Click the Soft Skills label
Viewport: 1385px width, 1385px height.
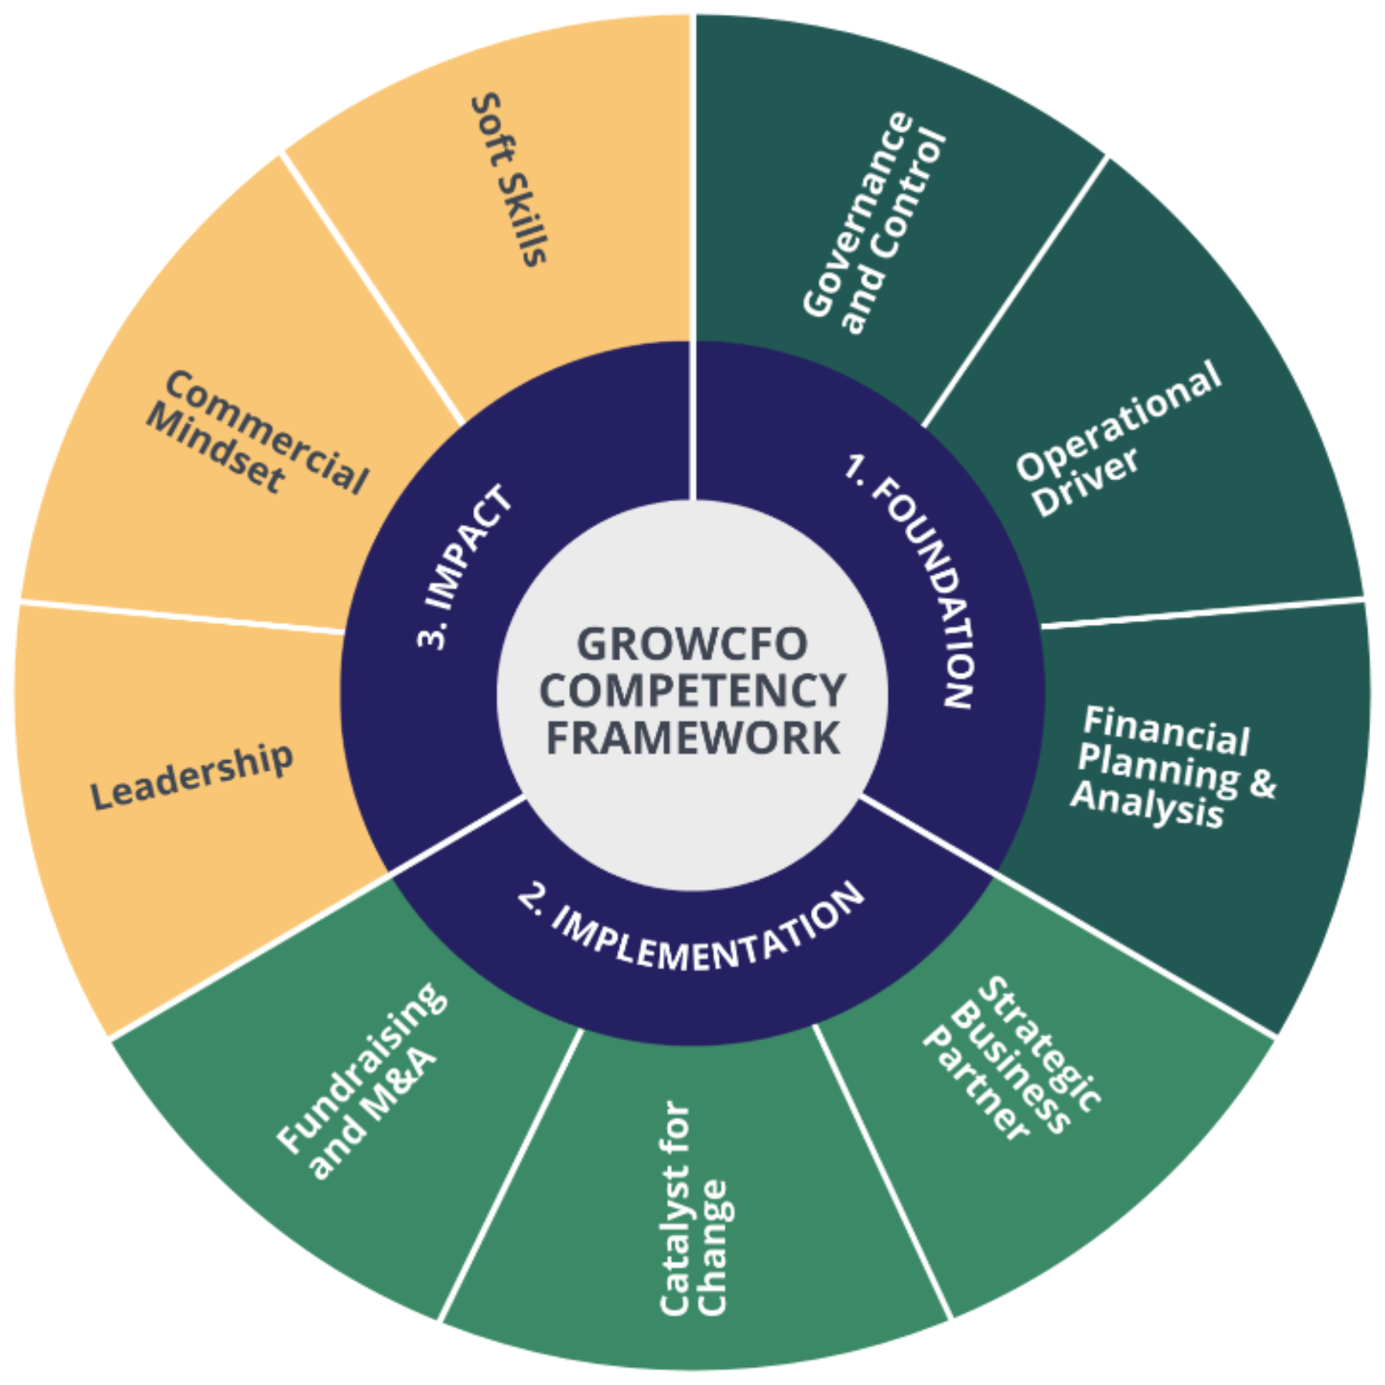[x=510, y=180]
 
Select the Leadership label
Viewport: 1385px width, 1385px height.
[x=192, y=776]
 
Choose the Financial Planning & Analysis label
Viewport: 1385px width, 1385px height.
[x=1173, y=766]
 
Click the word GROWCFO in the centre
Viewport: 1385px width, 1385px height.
[x=692, y=643]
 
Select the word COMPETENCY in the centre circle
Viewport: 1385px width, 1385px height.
[x=692, y=691]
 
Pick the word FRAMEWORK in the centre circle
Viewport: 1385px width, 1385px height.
[x=692, y=738]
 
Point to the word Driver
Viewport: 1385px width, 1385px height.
[x=1086, y=481]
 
